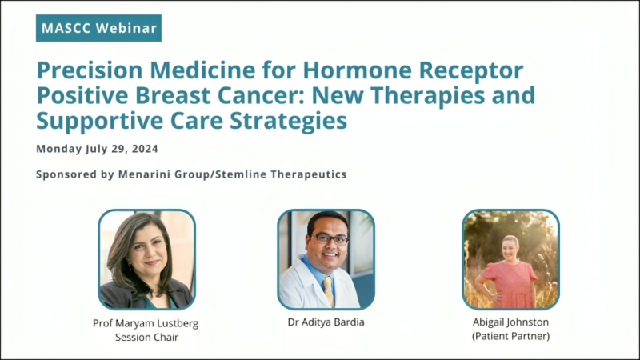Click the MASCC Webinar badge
[98, 28]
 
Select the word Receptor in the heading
[473, 71]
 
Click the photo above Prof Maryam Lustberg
[146, 259]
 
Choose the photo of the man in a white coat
[326, 259]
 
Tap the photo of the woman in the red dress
[510, 259]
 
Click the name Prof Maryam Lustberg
[146, 324]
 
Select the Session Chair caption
[146, 338]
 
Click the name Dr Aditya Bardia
[326, 324]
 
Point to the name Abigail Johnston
[510, 324]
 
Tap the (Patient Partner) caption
[510, 338]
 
